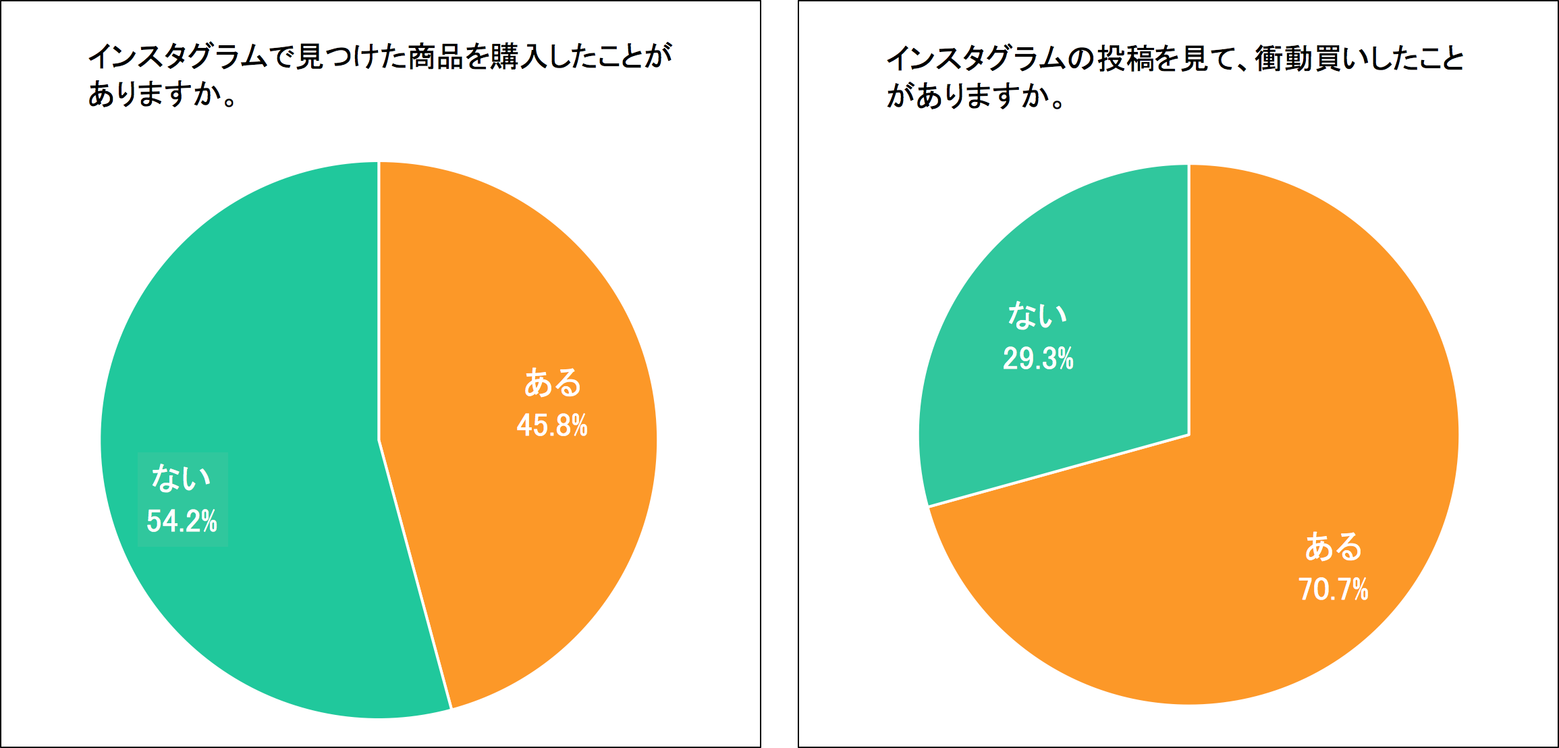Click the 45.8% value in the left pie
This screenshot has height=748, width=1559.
click(552, 425)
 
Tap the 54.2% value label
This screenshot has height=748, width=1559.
click(182, 521)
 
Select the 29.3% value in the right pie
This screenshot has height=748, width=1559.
click(1038, 358)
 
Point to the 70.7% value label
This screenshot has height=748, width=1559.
click(1334, 589)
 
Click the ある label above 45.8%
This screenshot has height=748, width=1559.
click(553, 383)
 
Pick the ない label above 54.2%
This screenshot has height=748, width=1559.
click(182, 478)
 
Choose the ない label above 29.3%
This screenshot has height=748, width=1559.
click(1037, 315)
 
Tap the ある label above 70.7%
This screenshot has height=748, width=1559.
click(1334, 547)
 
